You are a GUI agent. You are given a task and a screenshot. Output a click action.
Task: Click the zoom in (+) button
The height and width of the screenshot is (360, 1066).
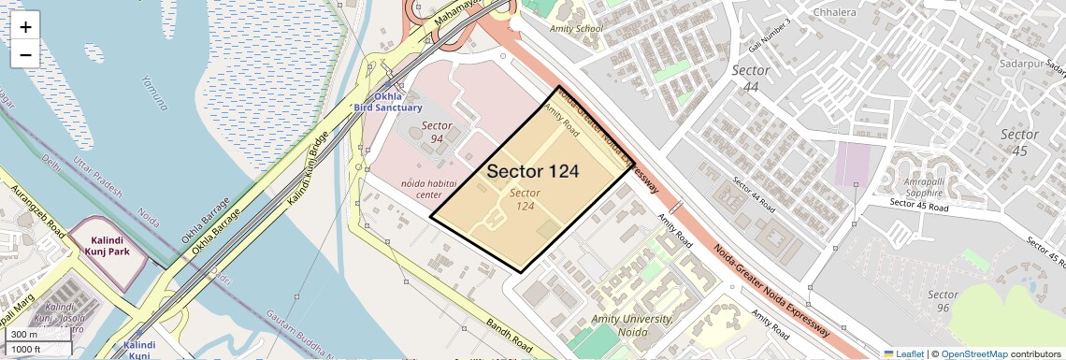click(25, 27)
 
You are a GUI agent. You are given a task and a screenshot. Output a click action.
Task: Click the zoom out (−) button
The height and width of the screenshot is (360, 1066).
click(25, 55)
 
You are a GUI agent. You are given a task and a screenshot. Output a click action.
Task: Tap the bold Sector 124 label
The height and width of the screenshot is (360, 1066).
click(533, 172)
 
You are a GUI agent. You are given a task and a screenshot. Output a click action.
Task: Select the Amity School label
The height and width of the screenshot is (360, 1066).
click(577, 29)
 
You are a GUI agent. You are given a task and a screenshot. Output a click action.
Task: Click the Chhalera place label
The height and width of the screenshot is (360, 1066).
click(811, 13)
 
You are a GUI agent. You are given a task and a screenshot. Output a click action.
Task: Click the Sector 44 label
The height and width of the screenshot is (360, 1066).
click(751, 79)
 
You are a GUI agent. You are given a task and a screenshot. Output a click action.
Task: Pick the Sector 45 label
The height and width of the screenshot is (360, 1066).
click(1019, 142)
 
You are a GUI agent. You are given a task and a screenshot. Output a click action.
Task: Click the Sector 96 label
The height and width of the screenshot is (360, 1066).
click(943, 301)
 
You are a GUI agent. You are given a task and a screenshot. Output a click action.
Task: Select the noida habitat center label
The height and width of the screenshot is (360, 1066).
click(421, 189)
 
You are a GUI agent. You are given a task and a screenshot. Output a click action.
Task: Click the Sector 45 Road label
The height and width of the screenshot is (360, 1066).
click(919, 203)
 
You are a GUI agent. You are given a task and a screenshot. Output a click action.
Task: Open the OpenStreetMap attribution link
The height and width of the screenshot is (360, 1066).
click(973, 354)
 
